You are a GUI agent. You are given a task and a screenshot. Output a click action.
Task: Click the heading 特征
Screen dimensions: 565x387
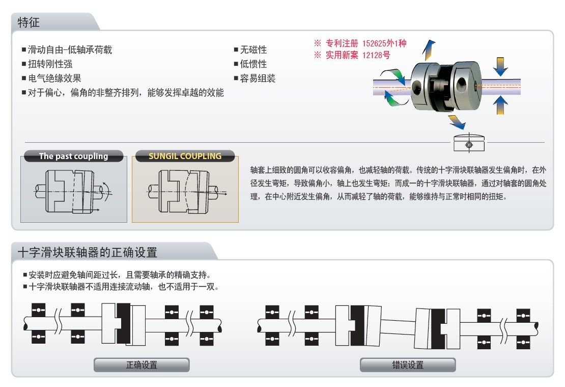point(29,22)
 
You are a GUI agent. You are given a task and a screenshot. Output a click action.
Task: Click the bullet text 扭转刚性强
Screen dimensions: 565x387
point(50,64)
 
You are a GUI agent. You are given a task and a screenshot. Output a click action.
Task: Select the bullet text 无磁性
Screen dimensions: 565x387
point(253,49)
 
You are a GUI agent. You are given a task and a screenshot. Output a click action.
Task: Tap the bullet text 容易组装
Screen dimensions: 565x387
point(258,79)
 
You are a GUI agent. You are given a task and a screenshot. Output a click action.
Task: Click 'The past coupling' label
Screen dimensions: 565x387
point(73,156)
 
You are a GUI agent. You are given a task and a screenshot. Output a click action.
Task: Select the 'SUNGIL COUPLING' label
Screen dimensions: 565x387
point(185,156)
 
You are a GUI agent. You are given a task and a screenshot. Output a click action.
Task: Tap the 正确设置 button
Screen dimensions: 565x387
point(142,365)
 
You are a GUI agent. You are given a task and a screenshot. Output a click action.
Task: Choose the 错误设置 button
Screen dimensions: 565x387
point(408,365)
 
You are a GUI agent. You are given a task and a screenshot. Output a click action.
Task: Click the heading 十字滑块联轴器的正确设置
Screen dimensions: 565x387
point(88,252)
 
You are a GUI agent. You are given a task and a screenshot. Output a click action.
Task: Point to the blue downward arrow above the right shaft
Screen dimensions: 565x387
point(500,66)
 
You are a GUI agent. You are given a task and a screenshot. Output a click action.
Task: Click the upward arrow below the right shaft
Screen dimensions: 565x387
point(500,105)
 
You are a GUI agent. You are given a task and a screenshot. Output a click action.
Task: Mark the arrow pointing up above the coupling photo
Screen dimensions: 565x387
point(429,49)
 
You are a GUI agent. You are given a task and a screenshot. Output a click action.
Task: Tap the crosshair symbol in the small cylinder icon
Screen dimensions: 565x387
point(469,145)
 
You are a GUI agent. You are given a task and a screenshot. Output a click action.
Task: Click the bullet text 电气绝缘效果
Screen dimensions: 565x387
point(54,79)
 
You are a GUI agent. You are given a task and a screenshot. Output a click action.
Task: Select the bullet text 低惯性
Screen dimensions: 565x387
point(253,64)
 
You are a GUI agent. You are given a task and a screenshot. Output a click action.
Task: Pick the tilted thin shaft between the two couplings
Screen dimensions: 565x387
point(398,327)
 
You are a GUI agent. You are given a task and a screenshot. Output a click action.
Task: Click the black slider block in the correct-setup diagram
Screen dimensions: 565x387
point(123,323)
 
